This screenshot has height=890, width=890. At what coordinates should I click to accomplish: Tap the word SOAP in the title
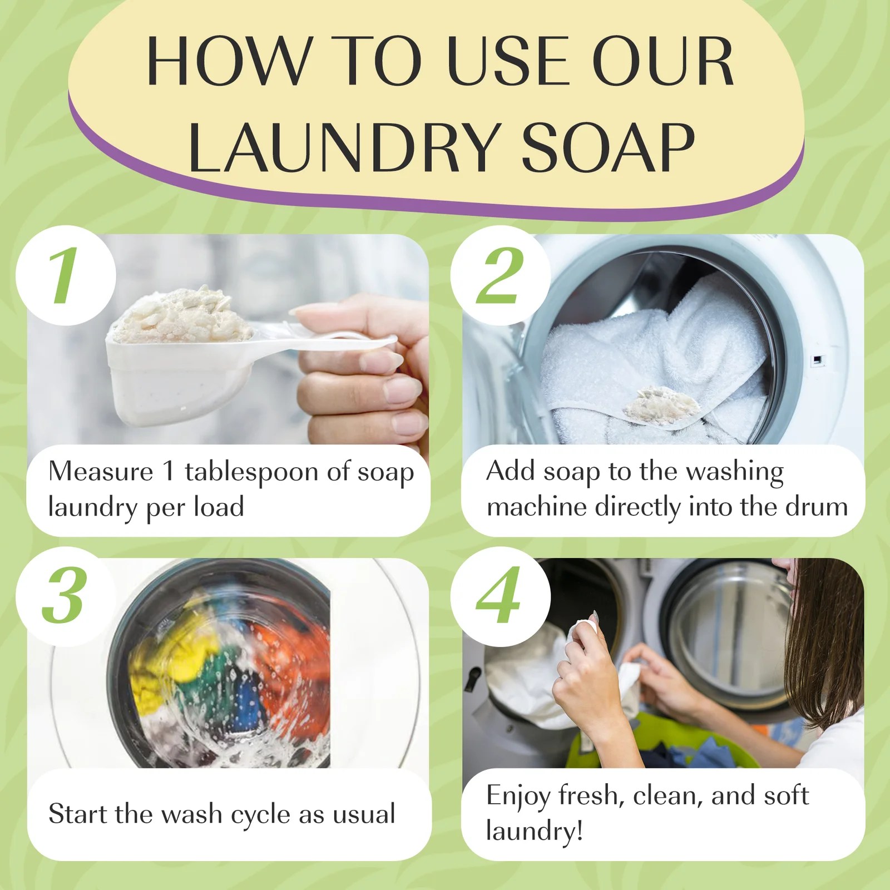point(609,146)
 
